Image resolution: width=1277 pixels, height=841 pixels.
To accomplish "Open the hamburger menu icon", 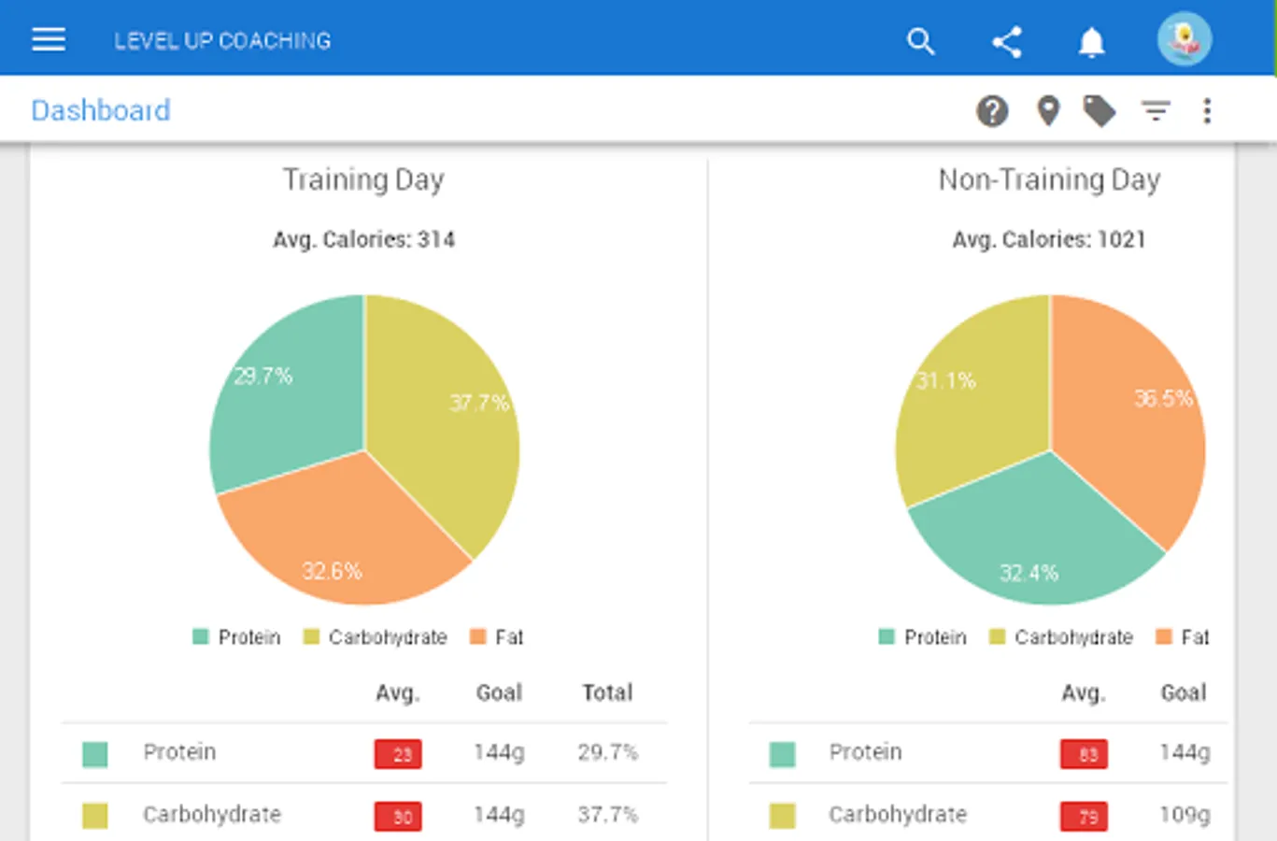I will point(49,40).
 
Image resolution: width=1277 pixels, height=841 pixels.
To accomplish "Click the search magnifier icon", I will point(920,41).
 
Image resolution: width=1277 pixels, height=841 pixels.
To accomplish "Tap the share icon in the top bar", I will point(1006,42).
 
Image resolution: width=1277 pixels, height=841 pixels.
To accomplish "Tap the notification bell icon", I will point(1091,42).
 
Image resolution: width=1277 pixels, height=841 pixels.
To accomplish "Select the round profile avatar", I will point(1184,39).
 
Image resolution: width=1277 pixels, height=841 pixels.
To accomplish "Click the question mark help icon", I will point(992,111).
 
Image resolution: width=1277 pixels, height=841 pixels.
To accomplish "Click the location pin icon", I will point(1048,111).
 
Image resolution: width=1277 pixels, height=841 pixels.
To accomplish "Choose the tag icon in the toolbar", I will point(1100,111).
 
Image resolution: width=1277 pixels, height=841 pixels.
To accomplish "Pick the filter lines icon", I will point(1156,111).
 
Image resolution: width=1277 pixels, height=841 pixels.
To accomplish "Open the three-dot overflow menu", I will point(1207,111).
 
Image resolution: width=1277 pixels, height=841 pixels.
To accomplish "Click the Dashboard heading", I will point(101,110).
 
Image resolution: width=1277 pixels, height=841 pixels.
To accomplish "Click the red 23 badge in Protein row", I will point(398,754).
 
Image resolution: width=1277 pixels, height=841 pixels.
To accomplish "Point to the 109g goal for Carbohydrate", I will point(1184,815).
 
